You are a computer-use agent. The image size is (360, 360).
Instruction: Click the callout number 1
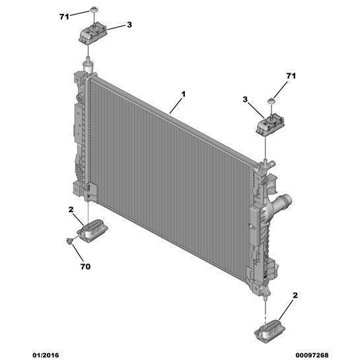click(183, 94)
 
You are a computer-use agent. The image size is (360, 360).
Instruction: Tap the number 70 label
click(85, 267)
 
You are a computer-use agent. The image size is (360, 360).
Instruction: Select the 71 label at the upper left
click(64, 17)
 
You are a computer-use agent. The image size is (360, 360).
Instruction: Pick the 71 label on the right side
click(291, 76)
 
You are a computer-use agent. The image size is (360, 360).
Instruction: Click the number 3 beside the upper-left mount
click(129, 24)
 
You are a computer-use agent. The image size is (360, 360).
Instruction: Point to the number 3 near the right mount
click(245, 100)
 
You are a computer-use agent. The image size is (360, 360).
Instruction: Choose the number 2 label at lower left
click(71, 209)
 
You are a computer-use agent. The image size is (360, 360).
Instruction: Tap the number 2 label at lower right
click(295, 295)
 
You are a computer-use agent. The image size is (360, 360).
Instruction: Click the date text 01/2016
click(46, 355)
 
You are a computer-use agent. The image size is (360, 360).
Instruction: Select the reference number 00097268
click(312, 355)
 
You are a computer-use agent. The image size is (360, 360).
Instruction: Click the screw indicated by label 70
click(69, 240)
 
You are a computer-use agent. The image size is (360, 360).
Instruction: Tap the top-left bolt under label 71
click(93, 9)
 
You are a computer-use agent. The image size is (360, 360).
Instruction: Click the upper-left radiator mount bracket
click(93, 34)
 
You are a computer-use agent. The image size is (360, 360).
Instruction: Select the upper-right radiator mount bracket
click(270, 126)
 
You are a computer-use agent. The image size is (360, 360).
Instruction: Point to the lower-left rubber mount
click(93, 230)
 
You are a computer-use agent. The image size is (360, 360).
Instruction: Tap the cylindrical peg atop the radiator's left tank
click(88, 64)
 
